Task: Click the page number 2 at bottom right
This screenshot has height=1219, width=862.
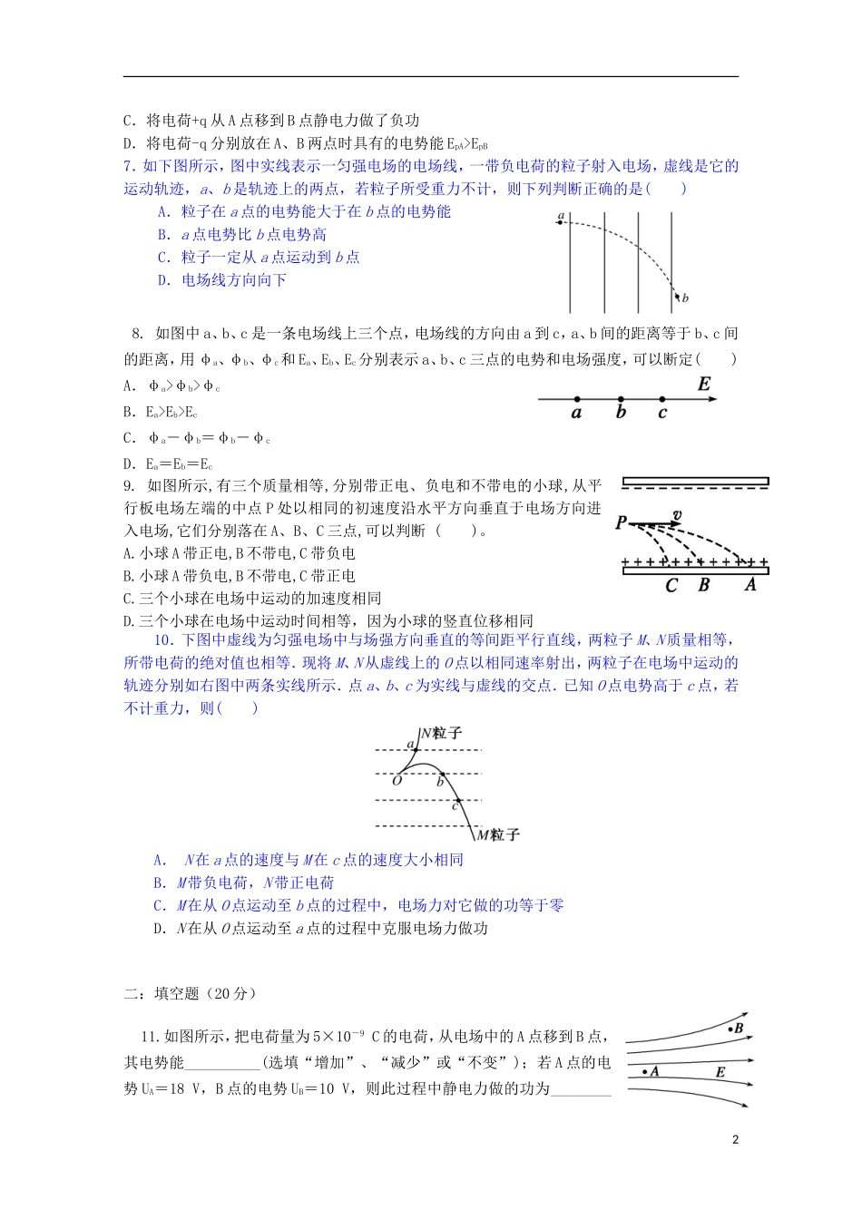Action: (735, 1140)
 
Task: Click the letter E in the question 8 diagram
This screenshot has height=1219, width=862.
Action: (704, 385)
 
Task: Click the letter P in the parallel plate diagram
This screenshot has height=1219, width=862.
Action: (621, 522)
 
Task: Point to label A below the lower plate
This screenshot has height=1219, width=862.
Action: (750, 585)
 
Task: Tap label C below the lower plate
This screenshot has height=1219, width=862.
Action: (671, 586)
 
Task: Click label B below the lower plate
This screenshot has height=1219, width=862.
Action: (703, 586)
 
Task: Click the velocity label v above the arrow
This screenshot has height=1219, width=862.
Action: (676, 515)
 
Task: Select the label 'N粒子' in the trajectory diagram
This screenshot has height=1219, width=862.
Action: (441, 733)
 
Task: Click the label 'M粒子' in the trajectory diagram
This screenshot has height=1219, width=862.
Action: (498, 834)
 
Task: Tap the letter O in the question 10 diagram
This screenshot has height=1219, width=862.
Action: (397, 780)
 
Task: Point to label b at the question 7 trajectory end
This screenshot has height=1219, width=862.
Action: (685, 297)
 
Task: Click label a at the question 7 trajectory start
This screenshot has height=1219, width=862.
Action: (561, 217)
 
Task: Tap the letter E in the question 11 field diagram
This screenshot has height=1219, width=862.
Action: (720, 1072)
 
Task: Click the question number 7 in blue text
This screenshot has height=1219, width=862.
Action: (129, 166)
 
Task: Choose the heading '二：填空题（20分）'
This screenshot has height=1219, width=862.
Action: (191, 994)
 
